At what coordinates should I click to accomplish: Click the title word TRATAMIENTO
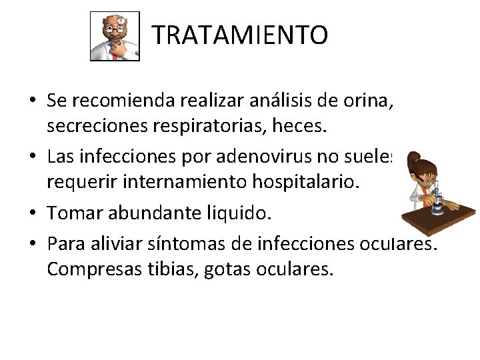point(240,35)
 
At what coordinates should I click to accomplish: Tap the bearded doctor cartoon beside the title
point(115,37)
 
